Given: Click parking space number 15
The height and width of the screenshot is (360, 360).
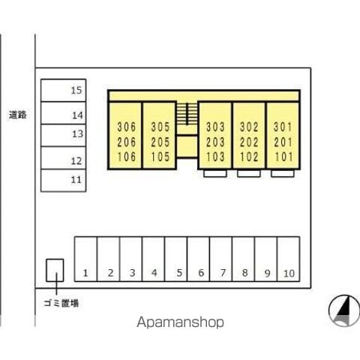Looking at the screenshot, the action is pos(64,90).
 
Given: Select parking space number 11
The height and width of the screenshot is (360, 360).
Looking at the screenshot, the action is pos(64,181).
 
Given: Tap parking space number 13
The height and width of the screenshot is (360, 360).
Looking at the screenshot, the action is pos(64,135).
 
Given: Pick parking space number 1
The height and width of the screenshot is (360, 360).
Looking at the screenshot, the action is pos(85,259).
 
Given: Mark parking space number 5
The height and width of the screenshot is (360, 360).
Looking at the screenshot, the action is pos(175,259).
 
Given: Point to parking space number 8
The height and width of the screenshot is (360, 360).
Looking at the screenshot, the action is pos(244,259).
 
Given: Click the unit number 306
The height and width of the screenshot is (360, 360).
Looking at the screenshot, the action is pos(127,127).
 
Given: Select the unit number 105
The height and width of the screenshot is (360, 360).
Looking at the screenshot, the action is pos(160,157).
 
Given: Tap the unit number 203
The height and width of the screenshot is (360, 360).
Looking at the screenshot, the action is pos(215,142).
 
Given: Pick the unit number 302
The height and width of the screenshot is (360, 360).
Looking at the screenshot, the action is pos(249,127).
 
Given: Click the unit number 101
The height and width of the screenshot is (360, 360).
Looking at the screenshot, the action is pos(283,157).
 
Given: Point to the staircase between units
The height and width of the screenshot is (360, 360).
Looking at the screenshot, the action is pos(187,114).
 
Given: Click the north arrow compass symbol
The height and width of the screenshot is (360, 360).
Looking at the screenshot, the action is pos(344,310).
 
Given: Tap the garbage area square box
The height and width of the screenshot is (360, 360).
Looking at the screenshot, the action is pos(55,270).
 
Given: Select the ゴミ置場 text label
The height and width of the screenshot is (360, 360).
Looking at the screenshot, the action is pos(61,303).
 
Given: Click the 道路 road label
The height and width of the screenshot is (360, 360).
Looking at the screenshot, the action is pos(17,115).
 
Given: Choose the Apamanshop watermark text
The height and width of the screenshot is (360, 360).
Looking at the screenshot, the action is pos(180,322).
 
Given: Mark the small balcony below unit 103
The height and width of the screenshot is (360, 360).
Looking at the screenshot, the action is pos(215,173).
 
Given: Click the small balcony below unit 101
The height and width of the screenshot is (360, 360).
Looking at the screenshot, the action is pos(283,173).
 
